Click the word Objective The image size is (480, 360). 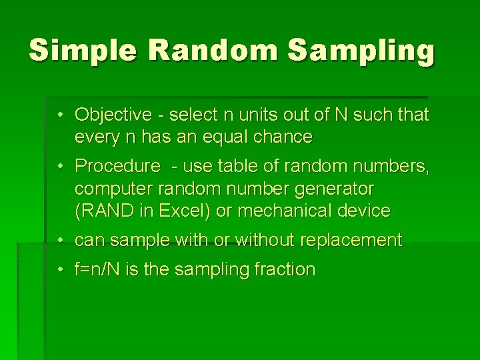point(113,115)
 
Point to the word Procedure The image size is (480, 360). point(117,165)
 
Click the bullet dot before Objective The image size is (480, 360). point(60,115)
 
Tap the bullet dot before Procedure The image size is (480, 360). point(60,165)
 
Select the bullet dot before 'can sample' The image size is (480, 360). point(60,240)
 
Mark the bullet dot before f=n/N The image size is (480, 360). point(60,269)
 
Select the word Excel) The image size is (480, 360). point(182,211)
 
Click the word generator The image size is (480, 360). point(335,188)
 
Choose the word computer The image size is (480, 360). point(110,188)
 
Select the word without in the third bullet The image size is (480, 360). point(266,240)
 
